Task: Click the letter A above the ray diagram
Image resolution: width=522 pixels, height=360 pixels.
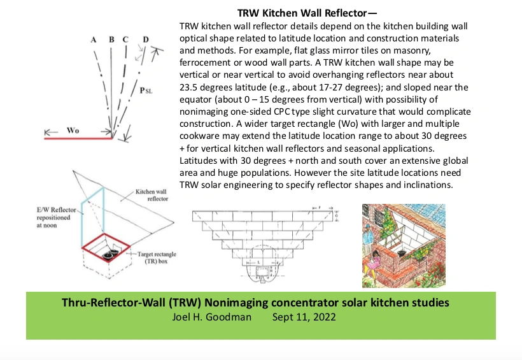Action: (94, 40)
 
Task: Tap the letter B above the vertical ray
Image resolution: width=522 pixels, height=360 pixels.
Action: (111, 40)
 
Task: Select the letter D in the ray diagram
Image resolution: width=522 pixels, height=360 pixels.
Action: (146, 40)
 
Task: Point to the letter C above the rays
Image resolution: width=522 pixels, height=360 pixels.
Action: (125, 40)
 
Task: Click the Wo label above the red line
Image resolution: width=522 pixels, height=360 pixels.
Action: (74, 130)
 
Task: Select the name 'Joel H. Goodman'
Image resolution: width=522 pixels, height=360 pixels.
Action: (210, 316)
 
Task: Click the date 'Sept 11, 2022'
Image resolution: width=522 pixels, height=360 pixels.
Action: (304, 316)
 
